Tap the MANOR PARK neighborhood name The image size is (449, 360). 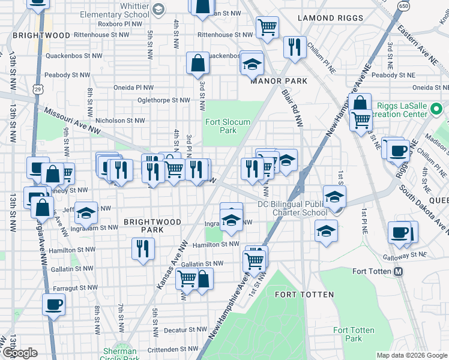[279, 81]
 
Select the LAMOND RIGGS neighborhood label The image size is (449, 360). [331, 18]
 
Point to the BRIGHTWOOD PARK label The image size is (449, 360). [152, 226]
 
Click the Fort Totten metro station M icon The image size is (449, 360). [398, 271]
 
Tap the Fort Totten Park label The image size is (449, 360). [354, 334]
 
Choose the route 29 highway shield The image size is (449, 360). [38, 89]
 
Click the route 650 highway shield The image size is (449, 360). [403, 6]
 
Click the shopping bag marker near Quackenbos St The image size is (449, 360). [197, 63]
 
